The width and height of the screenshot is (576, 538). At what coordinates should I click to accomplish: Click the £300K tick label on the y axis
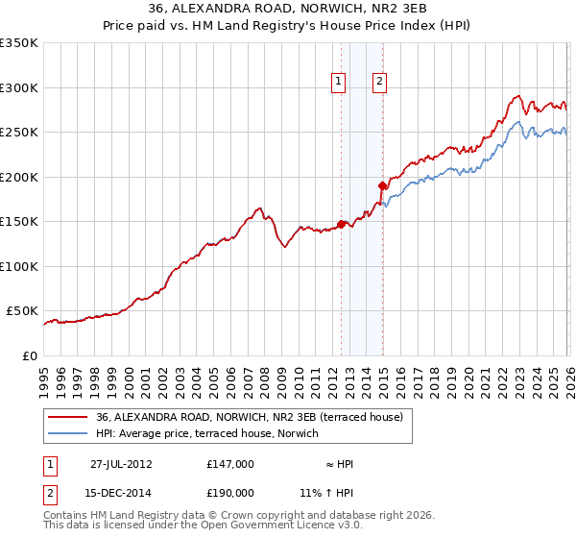click(18, 87)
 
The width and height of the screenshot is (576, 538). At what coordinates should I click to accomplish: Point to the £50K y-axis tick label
click(22, 311)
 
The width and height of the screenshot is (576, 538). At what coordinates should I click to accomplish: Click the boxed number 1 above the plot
click(340, 83)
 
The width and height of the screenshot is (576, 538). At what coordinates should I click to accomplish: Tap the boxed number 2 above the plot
click(380, 83)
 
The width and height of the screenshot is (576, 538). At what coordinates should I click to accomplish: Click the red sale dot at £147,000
click(341, 224)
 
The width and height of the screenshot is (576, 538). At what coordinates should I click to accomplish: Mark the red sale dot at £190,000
click(382, 185)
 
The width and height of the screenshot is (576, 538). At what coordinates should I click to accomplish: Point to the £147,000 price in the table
click(229, 464)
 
